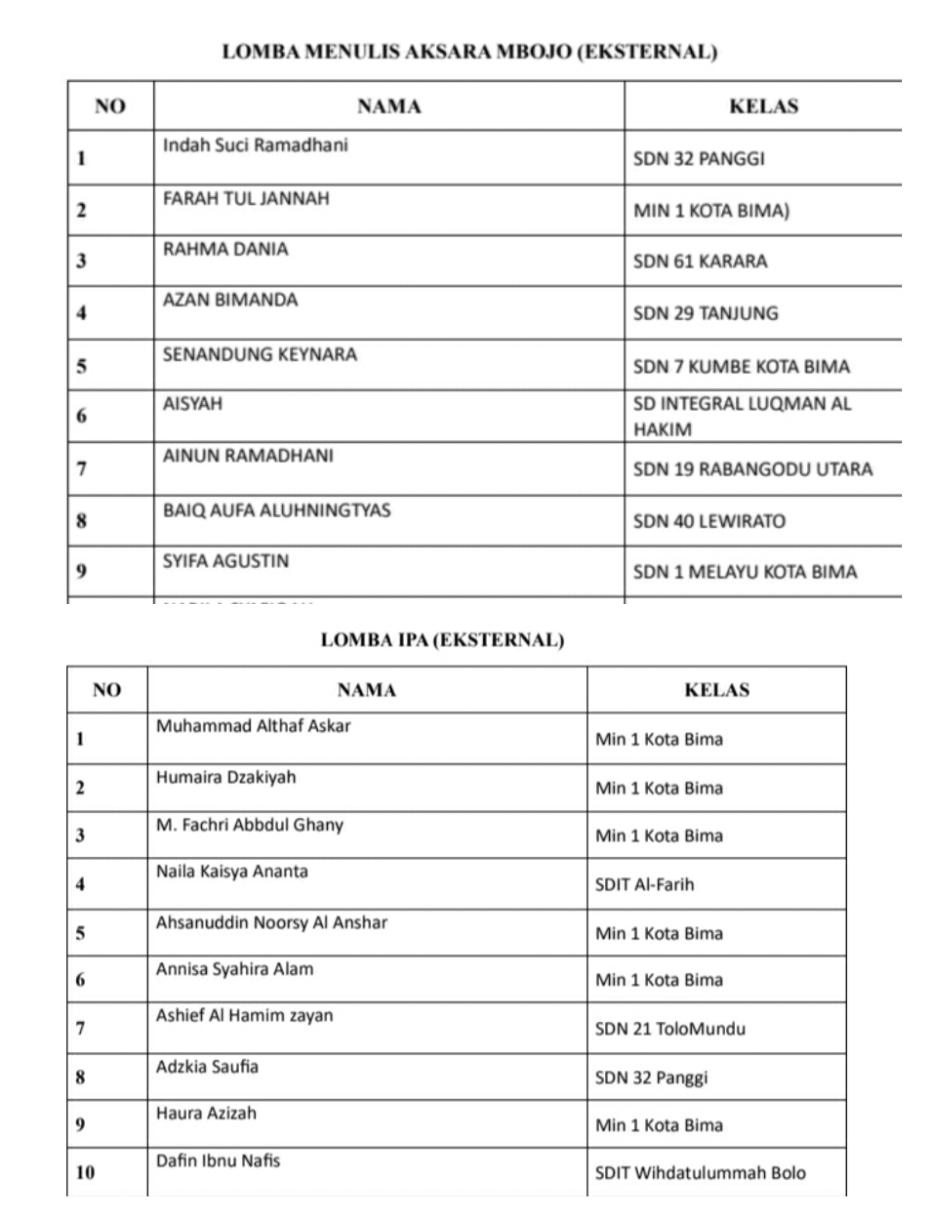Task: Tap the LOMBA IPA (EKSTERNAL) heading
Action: click(x=442, y=640)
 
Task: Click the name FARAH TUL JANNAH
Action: click(x=246, y=199)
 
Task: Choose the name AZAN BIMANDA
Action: click(x=230, y=300)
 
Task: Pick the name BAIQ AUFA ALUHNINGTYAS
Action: click(x=276, y=510)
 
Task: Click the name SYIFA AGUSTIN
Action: click(x=226, y=561)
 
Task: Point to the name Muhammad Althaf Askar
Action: click(x=253, y=726)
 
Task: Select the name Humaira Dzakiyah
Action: click(x=226, y=777)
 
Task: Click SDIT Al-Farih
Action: click(x=644, y=885)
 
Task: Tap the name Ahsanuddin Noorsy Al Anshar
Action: click(x=271, y=923)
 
